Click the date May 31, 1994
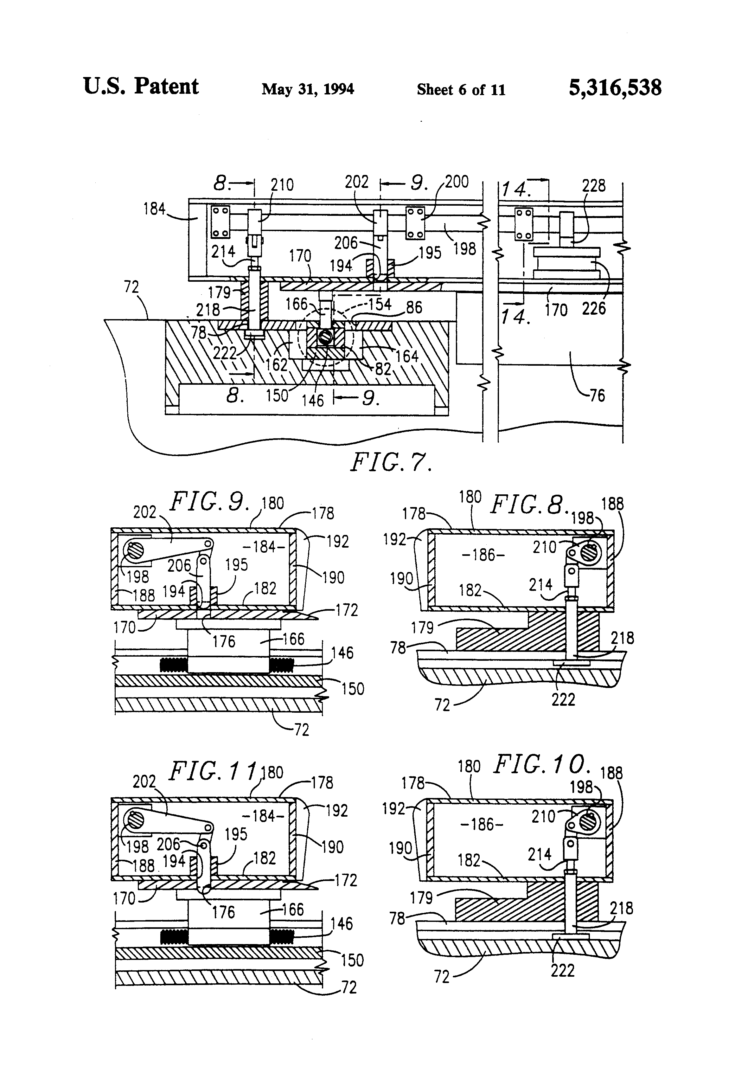(308, 89)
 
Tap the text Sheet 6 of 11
(461, 89)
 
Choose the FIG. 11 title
(213, 771)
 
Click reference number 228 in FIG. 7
(594, 186)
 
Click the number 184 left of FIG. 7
(155, 209)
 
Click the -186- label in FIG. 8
(483, 555)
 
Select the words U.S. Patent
(141, 87)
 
